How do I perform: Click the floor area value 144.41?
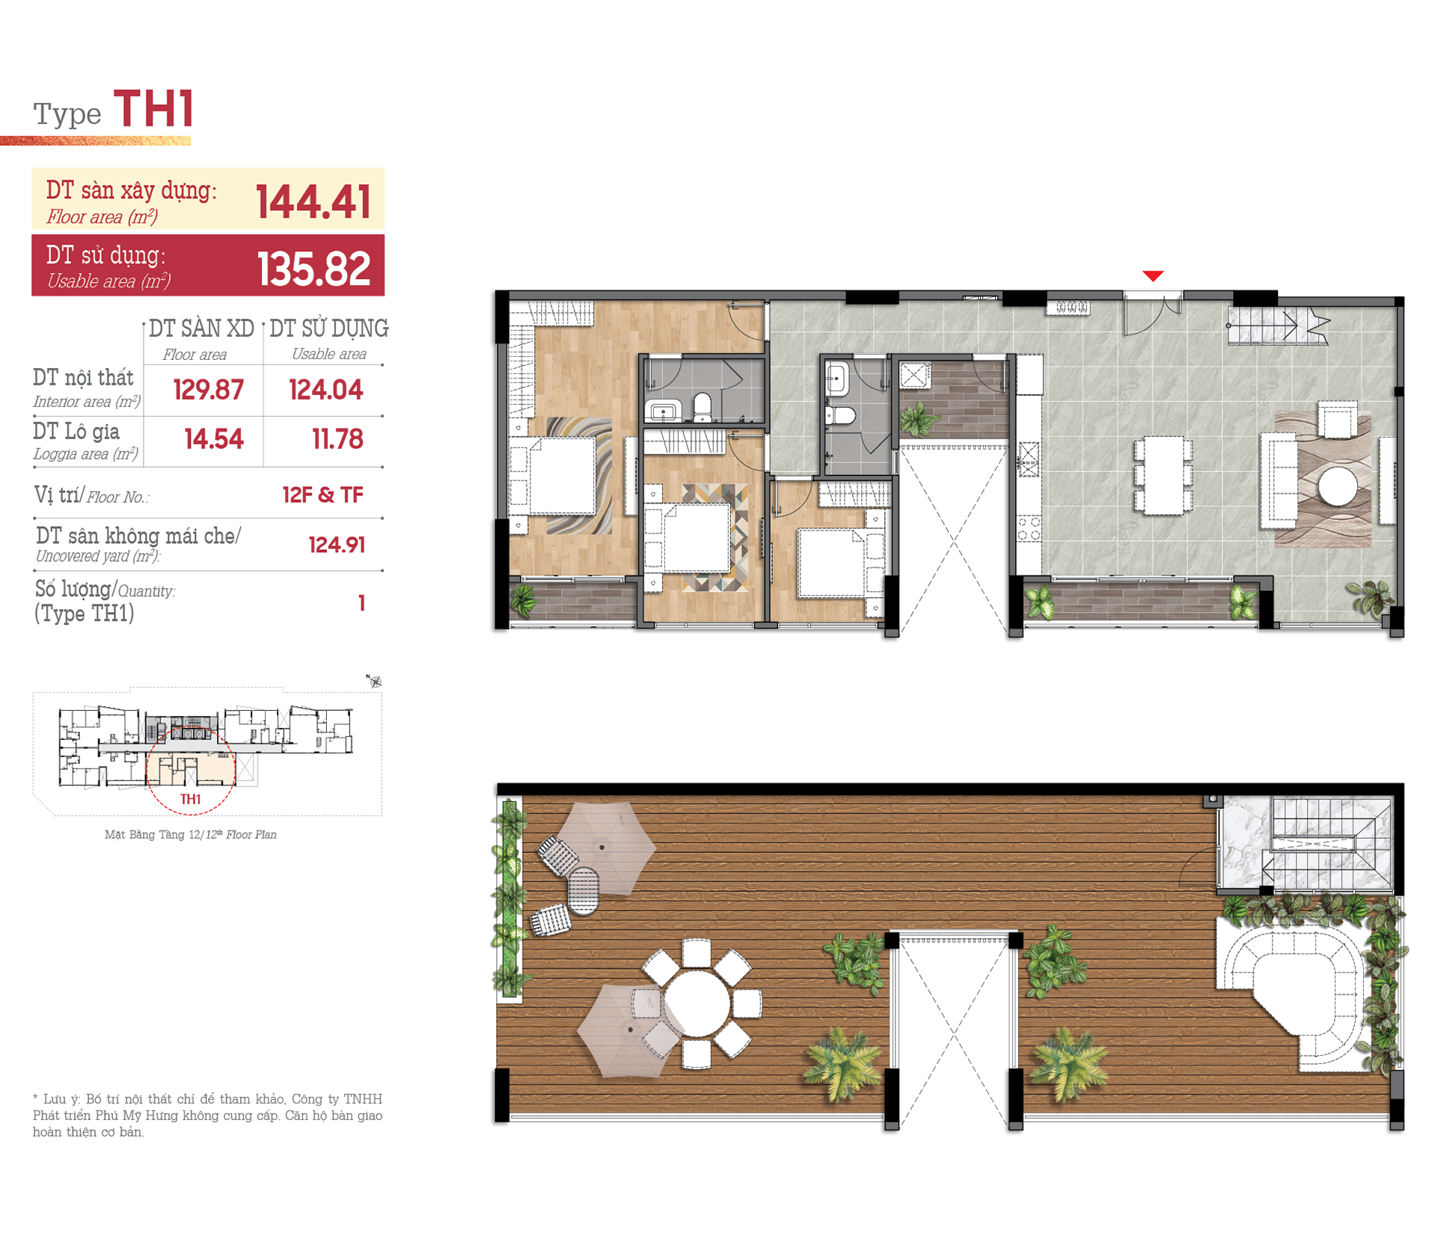[313, 201]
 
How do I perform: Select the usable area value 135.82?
[313, 268]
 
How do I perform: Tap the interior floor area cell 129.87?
[208, 390]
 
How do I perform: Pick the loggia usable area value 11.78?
[337, 438]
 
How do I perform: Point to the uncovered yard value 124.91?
[337, 545]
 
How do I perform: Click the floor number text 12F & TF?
[322, 495]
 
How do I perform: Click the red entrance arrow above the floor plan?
[1153, 275]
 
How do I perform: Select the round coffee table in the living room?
[1338, 487]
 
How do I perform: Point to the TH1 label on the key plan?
[191, 799]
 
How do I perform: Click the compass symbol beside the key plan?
[374, 681]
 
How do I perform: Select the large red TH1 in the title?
[154, 108]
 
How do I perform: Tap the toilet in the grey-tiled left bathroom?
[702, 408]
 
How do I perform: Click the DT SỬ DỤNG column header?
[329, 328]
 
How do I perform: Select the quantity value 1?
[361, 602]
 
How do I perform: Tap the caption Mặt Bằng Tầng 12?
[145, 834]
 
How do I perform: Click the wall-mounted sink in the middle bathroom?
[836, 379]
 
